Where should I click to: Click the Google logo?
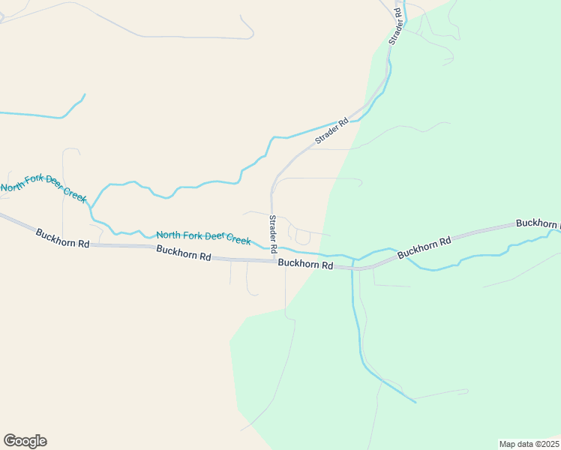[x=25, y=441]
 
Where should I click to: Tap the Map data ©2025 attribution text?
[x=529, y=444]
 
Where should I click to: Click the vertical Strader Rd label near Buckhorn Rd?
[x=273, y=233]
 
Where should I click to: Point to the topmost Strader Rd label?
[x=395, y=27]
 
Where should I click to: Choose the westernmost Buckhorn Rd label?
[x=62, y=238]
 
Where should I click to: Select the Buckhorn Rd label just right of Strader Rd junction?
[x=304, y=264]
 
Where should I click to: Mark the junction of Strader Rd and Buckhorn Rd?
[x=273, y=261]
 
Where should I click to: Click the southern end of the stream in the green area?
[x=415, y=402]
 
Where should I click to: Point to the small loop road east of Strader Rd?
[x=302, y=238]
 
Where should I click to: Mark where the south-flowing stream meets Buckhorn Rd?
[x=352, y=267]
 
